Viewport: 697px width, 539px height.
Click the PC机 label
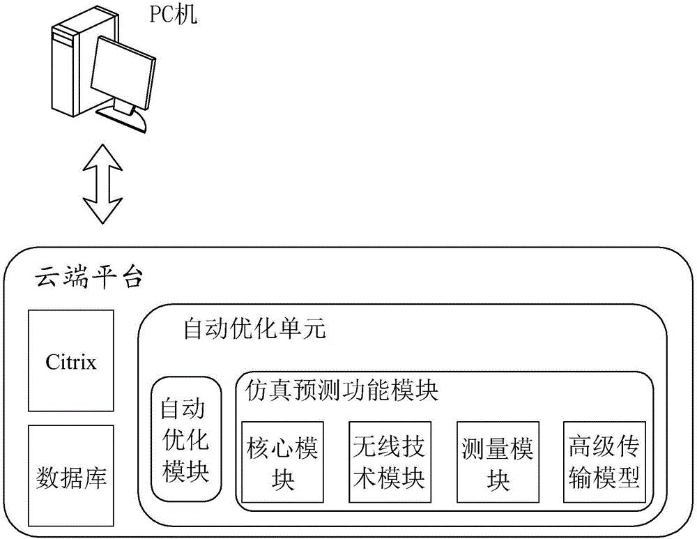174,15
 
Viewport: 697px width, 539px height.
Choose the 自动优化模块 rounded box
185,439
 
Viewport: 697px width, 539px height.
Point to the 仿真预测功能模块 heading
342,391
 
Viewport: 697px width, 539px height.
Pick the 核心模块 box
282,462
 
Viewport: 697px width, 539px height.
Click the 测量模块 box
497,462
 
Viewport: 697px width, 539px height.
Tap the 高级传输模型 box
604,462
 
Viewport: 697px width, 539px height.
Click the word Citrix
70,362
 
